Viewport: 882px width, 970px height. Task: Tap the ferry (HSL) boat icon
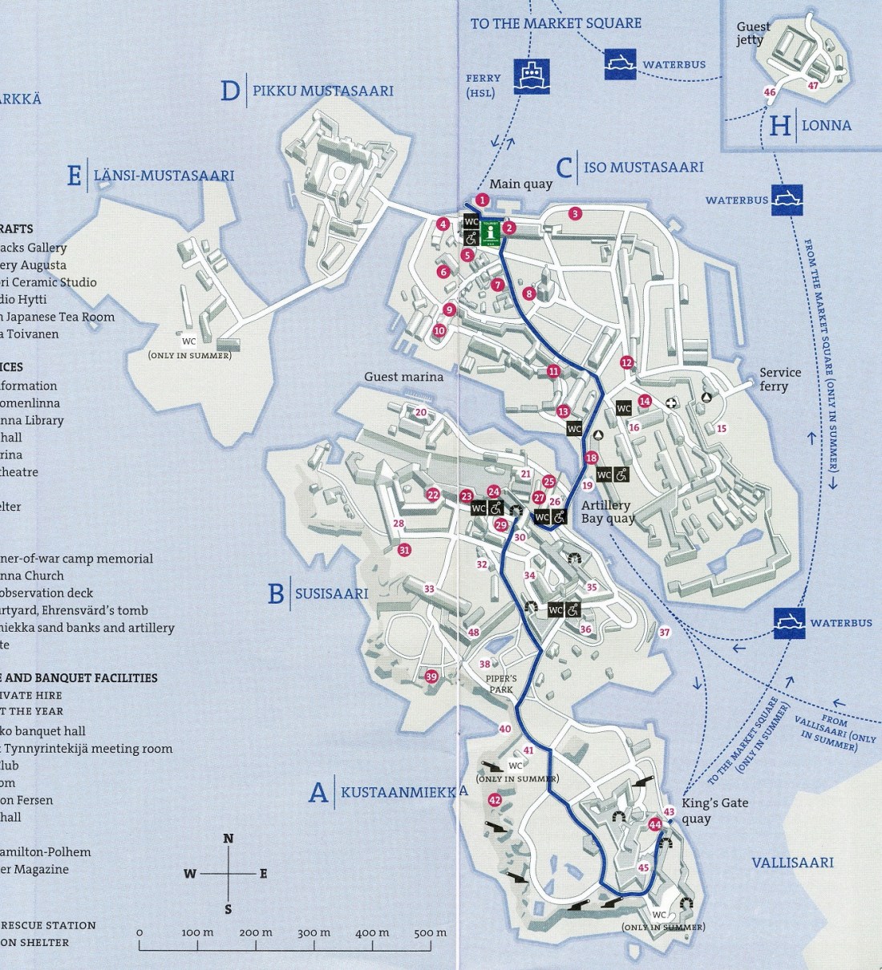click(531, 76)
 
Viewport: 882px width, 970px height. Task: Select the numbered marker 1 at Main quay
click(482, 200)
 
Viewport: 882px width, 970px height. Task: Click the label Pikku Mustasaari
click(322, 91)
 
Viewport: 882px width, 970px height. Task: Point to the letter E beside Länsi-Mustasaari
click(74, 176)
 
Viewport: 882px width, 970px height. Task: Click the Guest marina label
click(403, 376)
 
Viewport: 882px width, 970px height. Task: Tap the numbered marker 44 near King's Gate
click(655, 824)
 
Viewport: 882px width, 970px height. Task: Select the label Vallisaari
click(791, 863)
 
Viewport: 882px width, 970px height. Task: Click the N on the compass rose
click(229, 839)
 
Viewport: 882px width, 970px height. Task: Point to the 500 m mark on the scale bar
click(431, 932)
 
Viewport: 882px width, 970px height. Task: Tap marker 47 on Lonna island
click(813, 86)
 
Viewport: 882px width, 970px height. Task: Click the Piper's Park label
click(501, 684)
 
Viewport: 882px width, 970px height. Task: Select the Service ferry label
click(779, 378)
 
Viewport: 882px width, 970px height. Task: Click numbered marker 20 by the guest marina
click(421, 413)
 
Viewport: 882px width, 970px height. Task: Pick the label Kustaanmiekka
click(403, 793)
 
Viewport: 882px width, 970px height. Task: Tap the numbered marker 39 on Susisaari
click(431, 677)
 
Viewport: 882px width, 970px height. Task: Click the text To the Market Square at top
click(556, 23)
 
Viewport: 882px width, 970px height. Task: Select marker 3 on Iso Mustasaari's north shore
click(574, 213)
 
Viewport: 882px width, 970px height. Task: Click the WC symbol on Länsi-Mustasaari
click(189, 341)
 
